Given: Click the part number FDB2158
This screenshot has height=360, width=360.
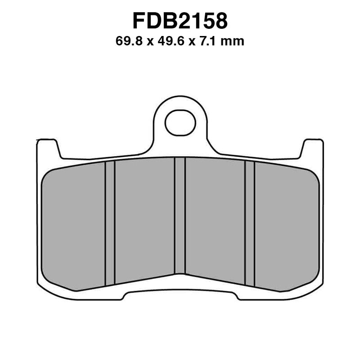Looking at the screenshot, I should pyautogui.click(x=180, y=20).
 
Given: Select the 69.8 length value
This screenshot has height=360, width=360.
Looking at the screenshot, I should pyautogui.click(x=127, y=42).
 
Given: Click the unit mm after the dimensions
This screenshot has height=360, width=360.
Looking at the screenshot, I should pyautogui.click(x=234, y=42).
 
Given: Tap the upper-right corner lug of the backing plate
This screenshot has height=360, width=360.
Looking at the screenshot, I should pyautogui.click(x=313, y=147).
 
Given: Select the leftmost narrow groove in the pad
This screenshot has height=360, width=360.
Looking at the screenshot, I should pyautogui.click(x=110, y=223).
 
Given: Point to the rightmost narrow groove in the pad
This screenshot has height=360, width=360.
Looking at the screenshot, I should pyautogui.click(x=250, y=223).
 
